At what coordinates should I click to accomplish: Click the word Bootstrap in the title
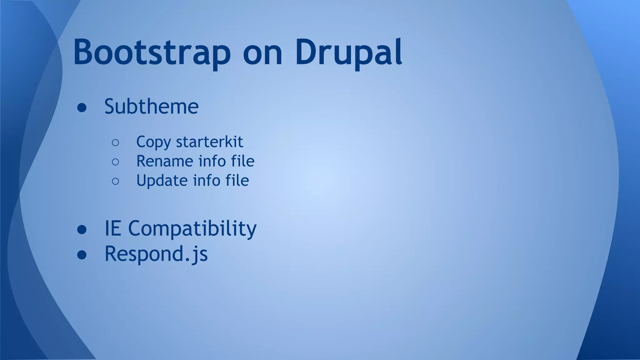pyautogui.click(x=152, y=52)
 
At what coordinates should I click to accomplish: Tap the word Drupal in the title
pyautogui.click(x=348, y=52)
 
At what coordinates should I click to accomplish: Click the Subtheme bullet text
pyautogui.click(x=151, y=107)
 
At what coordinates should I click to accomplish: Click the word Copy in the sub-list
pyautogui.click(x=153, y=142)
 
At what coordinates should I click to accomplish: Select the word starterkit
pyautogui.click(x=209, y=142)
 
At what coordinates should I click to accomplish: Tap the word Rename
pyautogui.click(x=164, y=161)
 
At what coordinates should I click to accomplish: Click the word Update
pyautogui.click(x=162, y=181)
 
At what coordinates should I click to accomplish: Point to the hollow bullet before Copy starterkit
pyautogui.click(x=115, y=143)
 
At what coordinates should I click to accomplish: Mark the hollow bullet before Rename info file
pyautogui.click(x=115, y=162)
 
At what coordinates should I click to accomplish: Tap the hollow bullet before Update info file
pyautogui.click(x=115, y=181)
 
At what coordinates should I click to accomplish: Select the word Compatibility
pyautogui.click(x=192, y=229)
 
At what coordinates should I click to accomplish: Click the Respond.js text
pyautogui.click(x=156, y=254)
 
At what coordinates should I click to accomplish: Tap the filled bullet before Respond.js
pyautogui.click(x=82, y=255)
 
